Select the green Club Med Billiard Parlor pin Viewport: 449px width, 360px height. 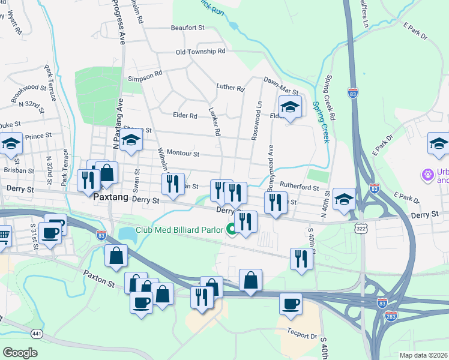[231, 229]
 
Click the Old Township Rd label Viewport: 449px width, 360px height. [200, 52]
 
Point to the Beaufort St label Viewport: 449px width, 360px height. [188, 28]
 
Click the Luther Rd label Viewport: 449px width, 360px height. [231, 88]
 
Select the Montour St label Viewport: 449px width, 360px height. [182, 154]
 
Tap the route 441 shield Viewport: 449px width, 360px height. [37, 334]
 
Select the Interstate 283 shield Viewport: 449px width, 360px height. [391, 316]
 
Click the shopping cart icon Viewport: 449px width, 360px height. [3, 235]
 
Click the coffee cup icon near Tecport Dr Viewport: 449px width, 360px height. [291, 302]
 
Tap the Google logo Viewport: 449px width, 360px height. [20, 352]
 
